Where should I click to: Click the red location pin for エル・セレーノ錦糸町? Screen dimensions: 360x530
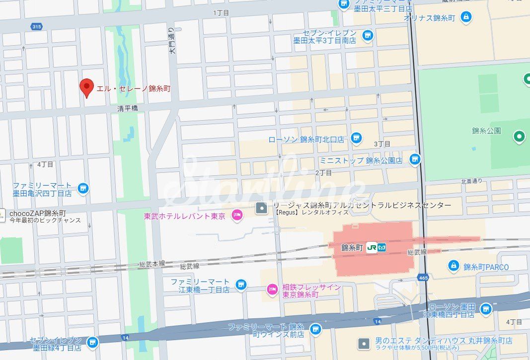87,87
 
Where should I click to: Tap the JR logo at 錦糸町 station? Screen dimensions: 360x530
372,247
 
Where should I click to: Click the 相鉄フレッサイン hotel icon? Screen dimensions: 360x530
272,288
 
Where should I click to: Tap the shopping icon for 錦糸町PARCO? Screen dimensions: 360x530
453,266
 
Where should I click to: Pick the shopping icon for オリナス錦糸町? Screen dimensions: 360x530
466,17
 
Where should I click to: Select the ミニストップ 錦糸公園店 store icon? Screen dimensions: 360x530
415,159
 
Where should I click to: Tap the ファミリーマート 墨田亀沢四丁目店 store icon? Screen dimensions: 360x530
83,188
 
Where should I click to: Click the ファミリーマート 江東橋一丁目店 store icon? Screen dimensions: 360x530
241,285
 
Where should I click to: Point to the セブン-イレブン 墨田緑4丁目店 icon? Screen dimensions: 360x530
92,343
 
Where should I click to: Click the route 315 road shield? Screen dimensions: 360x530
35,26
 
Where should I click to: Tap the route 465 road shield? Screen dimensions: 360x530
423,277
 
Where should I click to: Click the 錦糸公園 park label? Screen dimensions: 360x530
486,131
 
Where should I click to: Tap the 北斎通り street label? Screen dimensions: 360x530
471,181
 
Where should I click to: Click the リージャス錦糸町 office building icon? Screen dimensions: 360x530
260,208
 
